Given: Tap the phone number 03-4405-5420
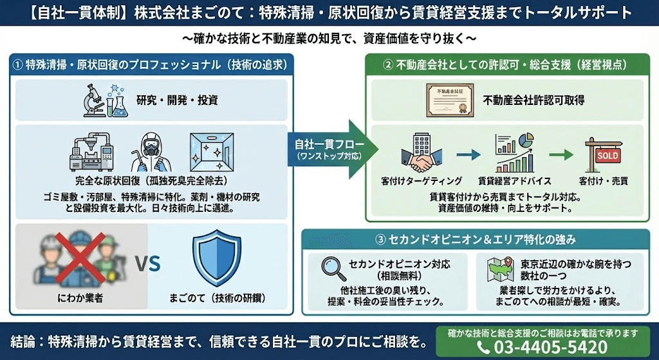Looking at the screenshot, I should (x=551, y=347).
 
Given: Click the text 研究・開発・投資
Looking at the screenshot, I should (x=178, y=100).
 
